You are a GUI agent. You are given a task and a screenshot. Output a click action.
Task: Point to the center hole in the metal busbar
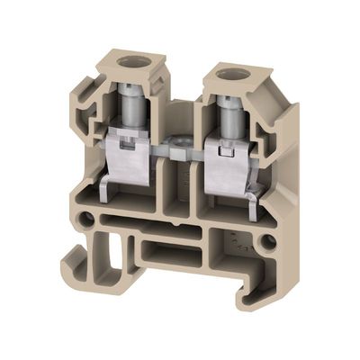coord(176,145)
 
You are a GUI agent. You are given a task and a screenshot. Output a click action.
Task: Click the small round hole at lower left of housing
coord(87,219)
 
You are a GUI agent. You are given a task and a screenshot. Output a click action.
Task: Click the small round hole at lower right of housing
coord(269,241)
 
